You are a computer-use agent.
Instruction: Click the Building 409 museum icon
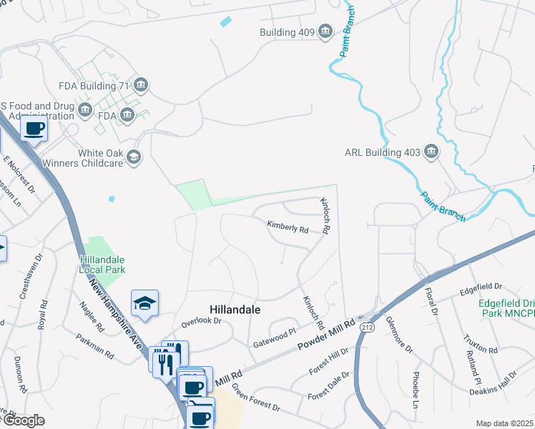click(325, 31)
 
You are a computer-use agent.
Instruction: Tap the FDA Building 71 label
click(93, 86)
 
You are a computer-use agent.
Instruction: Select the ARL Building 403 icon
click(431, 151)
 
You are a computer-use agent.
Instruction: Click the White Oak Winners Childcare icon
click(133, 157)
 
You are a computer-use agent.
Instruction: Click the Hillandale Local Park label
click(102, 265)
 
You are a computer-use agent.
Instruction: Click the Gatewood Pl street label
click(275, 338)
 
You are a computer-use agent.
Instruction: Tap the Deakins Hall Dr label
click(493, 384)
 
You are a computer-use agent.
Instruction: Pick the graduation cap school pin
click(144, 304)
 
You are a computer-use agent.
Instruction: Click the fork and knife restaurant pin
click(164, 361)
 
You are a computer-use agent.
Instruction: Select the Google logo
click(23, 420)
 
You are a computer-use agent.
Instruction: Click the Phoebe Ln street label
click(415, 390)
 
